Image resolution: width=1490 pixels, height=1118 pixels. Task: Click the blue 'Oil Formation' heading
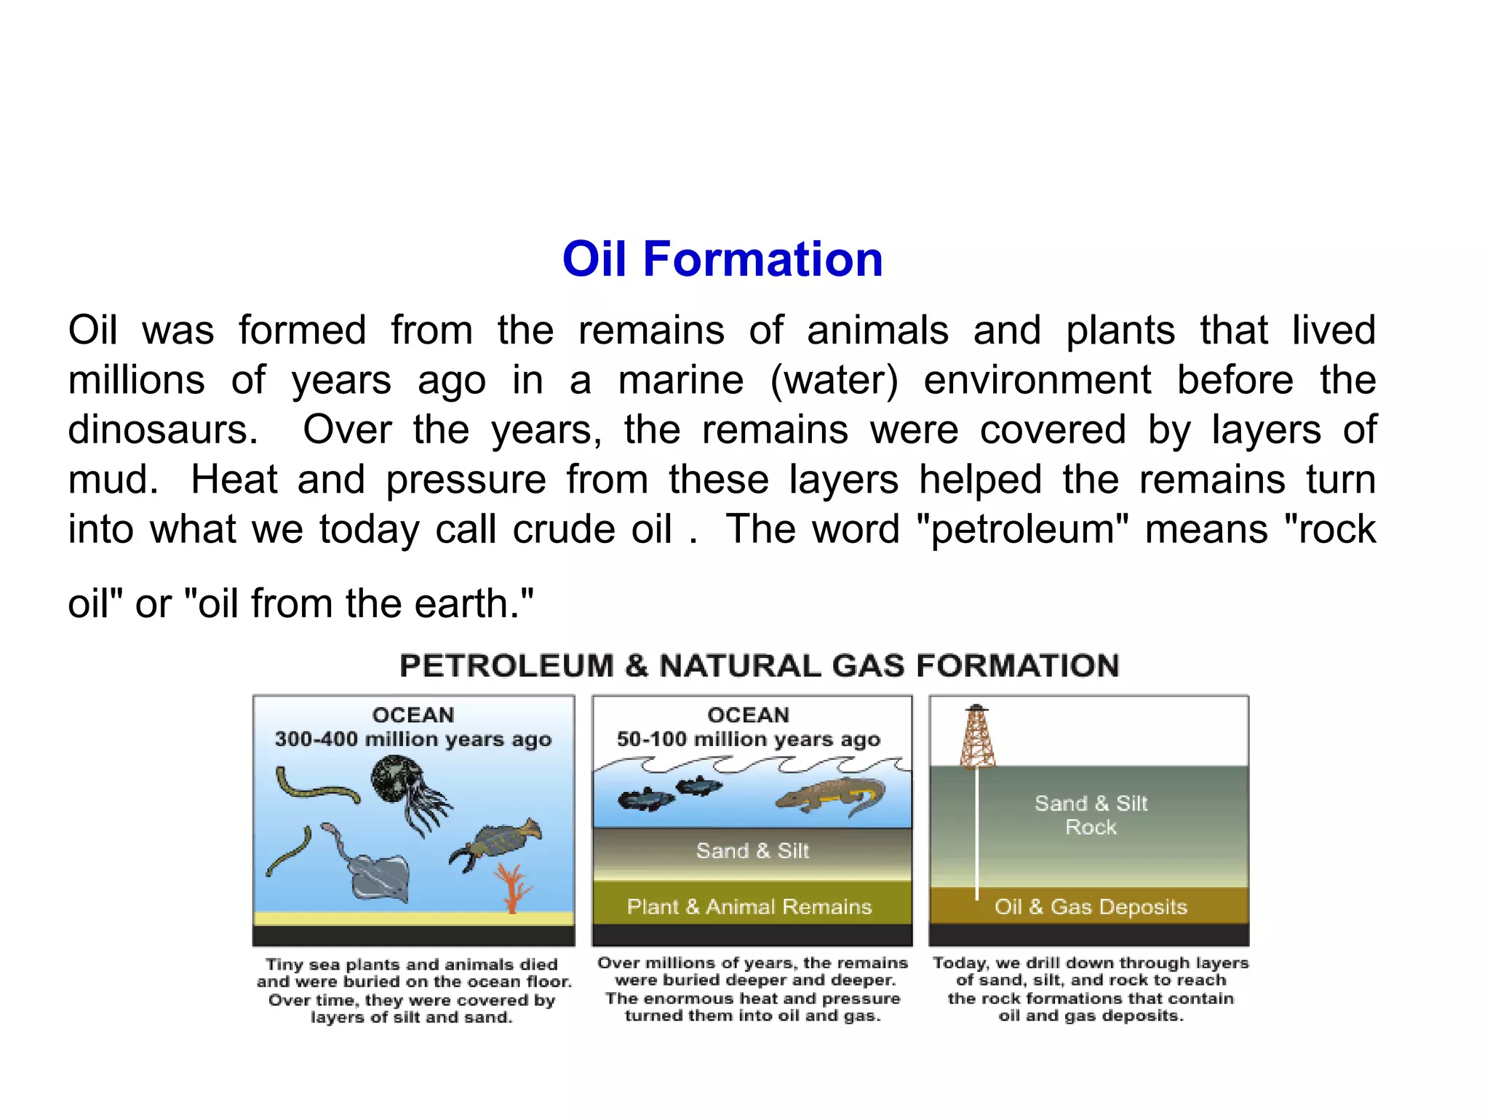[722, 259]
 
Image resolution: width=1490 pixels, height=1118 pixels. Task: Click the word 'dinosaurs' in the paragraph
[161, 429]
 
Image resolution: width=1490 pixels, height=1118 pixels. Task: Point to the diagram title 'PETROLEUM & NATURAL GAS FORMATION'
[759, 666]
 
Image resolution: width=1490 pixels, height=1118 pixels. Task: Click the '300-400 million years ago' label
[413, 740]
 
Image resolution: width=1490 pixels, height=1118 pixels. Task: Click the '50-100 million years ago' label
[749, 740]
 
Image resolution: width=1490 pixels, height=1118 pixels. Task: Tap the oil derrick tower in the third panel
[977, 739]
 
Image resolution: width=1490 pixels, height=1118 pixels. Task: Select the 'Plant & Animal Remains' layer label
[749, 907]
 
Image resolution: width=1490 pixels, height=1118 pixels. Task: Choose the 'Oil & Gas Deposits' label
[1091, 907]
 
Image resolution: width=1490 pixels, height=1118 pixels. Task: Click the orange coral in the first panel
[514, 888]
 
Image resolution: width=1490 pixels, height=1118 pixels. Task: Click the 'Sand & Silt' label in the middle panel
[752, 851]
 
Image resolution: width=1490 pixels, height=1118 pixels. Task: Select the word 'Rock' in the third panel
[1091, 828]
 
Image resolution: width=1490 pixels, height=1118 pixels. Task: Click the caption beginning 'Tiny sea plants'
[413, 991]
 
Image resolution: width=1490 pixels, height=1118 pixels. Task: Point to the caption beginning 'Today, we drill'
[1091, 989]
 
